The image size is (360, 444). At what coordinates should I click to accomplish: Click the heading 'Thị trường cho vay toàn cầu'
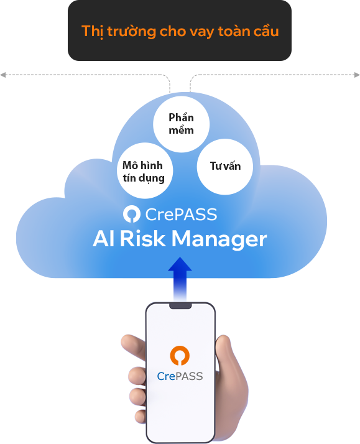click(x=180, y=31)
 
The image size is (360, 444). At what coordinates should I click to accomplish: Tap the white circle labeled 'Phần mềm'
click(x=181, y=124)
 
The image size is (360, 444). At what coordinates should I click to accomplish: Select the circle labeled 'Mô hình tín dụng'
click(x=145, y=170)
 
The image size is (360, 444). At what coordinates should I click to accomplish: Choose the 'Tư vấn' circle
click(x=224, y=167)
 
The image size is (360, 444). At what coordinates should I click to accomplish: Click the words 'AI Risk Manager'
click(x=180, y=239)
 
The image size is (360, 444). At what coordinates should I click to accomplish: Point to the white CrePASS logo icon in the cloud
click(x=132, y=214)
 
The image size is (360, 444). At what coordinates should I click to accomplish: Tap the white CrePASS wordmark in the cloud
click(x=181, y=215)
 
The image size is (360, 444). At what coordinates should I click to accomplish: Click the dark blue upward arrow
click(x=180, y=279)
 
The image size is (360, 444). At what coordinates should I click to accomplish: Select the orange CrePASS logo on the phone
click(x=180, y=355)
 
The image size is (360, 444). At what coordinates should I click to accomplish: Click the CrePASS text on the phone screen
click(x=180, y=376)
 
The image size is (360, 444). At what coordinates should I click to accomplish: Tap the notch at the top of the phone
click(x=180, y=306)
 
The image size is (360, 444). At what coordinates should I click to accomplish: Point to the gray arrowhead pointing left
click(x=3, y=75)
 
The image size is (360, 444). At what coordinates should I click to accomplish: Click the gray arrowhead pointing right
click(x=357, y=75)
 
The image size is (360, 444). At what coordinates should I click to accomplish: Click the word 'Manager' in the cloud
click(x=219, y=239)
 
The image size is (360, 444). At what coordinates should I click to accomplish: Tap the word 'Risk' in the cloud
click(x=142, y=238)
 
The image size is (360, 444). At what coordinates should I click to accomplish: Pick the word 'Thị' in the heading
click(x=91, y=31)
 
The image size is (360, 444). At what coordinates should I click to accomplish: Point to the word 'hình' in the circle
click(x=152, y=165)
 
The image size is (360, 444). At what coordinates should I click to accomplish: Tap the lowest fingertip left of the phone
click(x=141, y=417)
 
